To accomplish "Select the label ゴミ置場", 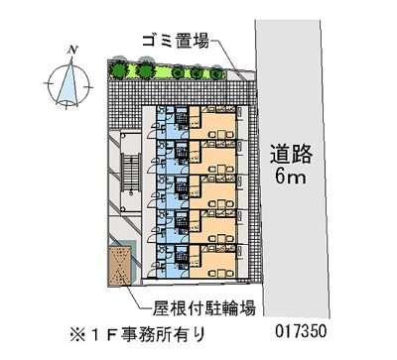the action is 176,41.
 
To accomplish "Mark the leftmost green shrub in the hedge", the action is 119,70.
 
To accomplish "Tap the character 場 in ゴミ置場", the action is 200,41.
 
